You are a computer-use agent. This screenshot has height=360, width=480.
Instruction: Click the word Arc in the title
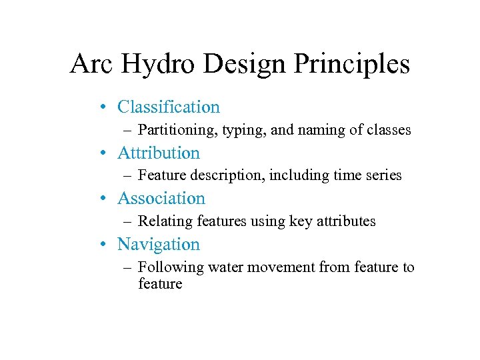90,65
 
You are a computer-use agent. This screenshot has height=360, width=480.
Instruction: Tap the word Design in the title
249,65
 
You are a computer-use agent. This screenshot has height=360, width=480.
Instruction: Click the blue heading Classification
168,107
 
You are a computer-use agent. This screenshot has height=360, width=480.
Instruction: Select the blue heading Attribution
159,153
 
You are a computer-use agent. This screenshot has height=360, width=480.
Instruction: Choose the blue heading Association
161,199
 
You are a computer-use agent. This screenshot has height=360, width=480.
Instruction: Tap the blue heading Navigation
159,245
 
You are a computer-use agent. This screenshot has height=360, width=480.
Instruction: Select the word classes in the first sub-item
389,130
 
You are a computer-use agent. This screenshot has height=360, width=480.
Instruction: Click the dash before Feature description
127,175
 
